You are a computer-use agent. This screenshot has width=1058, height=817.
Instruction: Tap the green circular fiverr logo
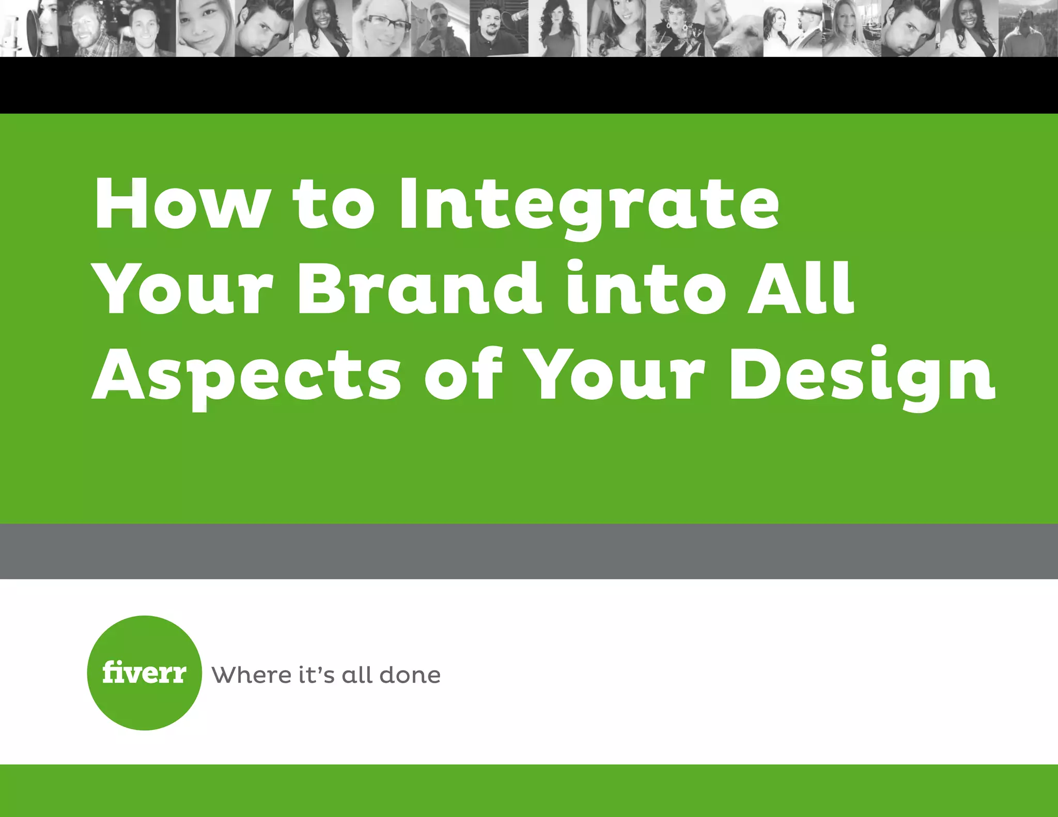pos(144,672)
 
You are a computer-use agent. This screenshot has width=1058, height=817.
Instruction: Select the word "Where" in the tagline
pos(251,675)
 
